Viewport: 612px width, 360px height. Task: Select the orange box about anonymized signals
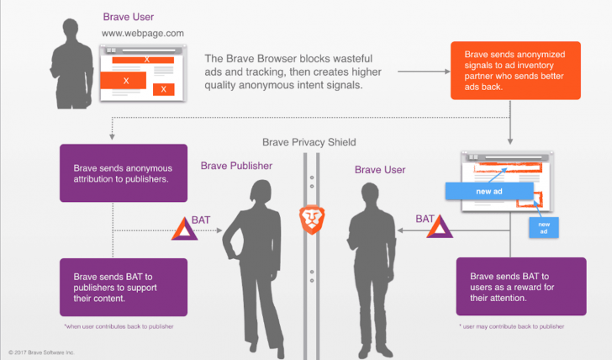(x=515, y=71)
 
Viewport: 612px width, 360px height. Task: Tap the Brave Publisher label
(x=236, y=166)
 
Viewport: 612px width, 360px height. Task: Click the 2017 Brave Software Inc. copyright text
(x=42, y=351)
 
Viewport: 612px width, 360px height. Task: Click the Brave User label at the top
(x=129, y=17)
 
